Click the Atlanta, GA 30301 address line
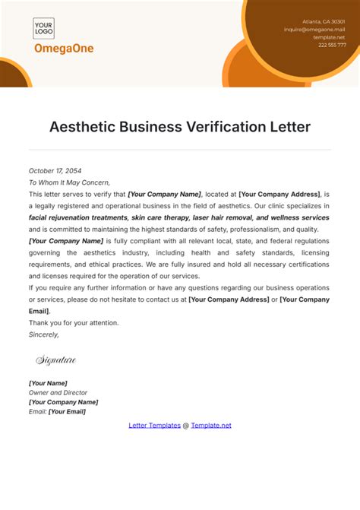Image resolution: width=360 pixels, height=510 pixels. (x=323, y=21)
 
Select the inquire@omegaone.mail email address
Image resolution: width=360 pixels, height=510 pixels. (x=314, y=29)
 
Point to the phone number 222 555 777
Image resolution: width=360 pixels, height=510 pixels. (x=331, y=44)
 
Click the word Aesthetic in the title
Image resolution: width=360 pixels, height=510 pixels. (x=82, y=127)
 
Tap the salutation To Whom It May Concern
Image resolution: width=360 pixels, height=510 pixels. (x=69, y=182)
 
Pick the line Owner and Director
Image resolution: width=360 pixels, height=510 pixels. (x=58, y=392)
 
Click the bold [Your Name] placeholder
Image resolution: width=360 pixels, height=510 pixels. (x=48, y=383)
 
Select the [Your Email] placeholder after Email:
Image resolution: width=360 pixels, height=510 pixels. (x=67, y=411)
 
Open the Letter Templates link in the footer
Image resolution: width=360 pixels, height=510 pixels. (x=154, y=426)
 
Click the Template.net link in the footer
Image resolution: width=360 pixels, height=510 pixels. (x=211, y=426)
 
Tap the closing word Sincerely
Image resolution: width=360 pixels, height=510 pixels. (x=43, y=334)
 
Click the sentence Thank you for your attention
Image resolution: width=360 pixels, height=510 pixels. (x=74, y=323)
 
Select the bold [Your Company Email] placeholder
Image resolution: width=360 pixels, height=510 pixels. (x=305, y=305)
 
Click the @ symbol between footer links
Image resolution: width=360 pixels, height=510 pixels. (x=186, y=426)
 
